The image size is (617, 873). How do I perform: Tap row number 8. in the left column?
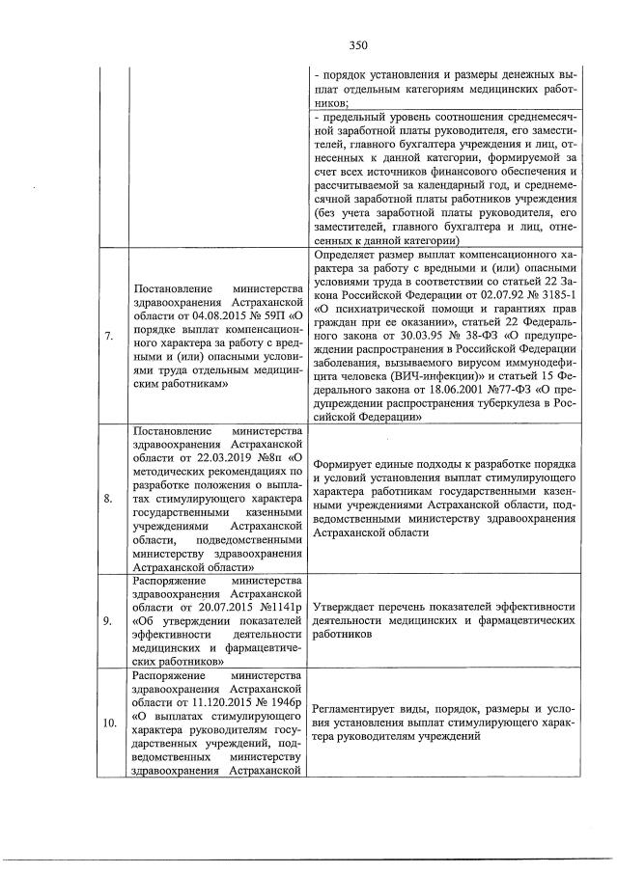109,498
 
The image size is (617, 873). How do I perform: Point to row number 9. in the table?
109,621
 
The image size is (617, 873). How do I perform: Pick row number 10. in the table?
109,722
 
